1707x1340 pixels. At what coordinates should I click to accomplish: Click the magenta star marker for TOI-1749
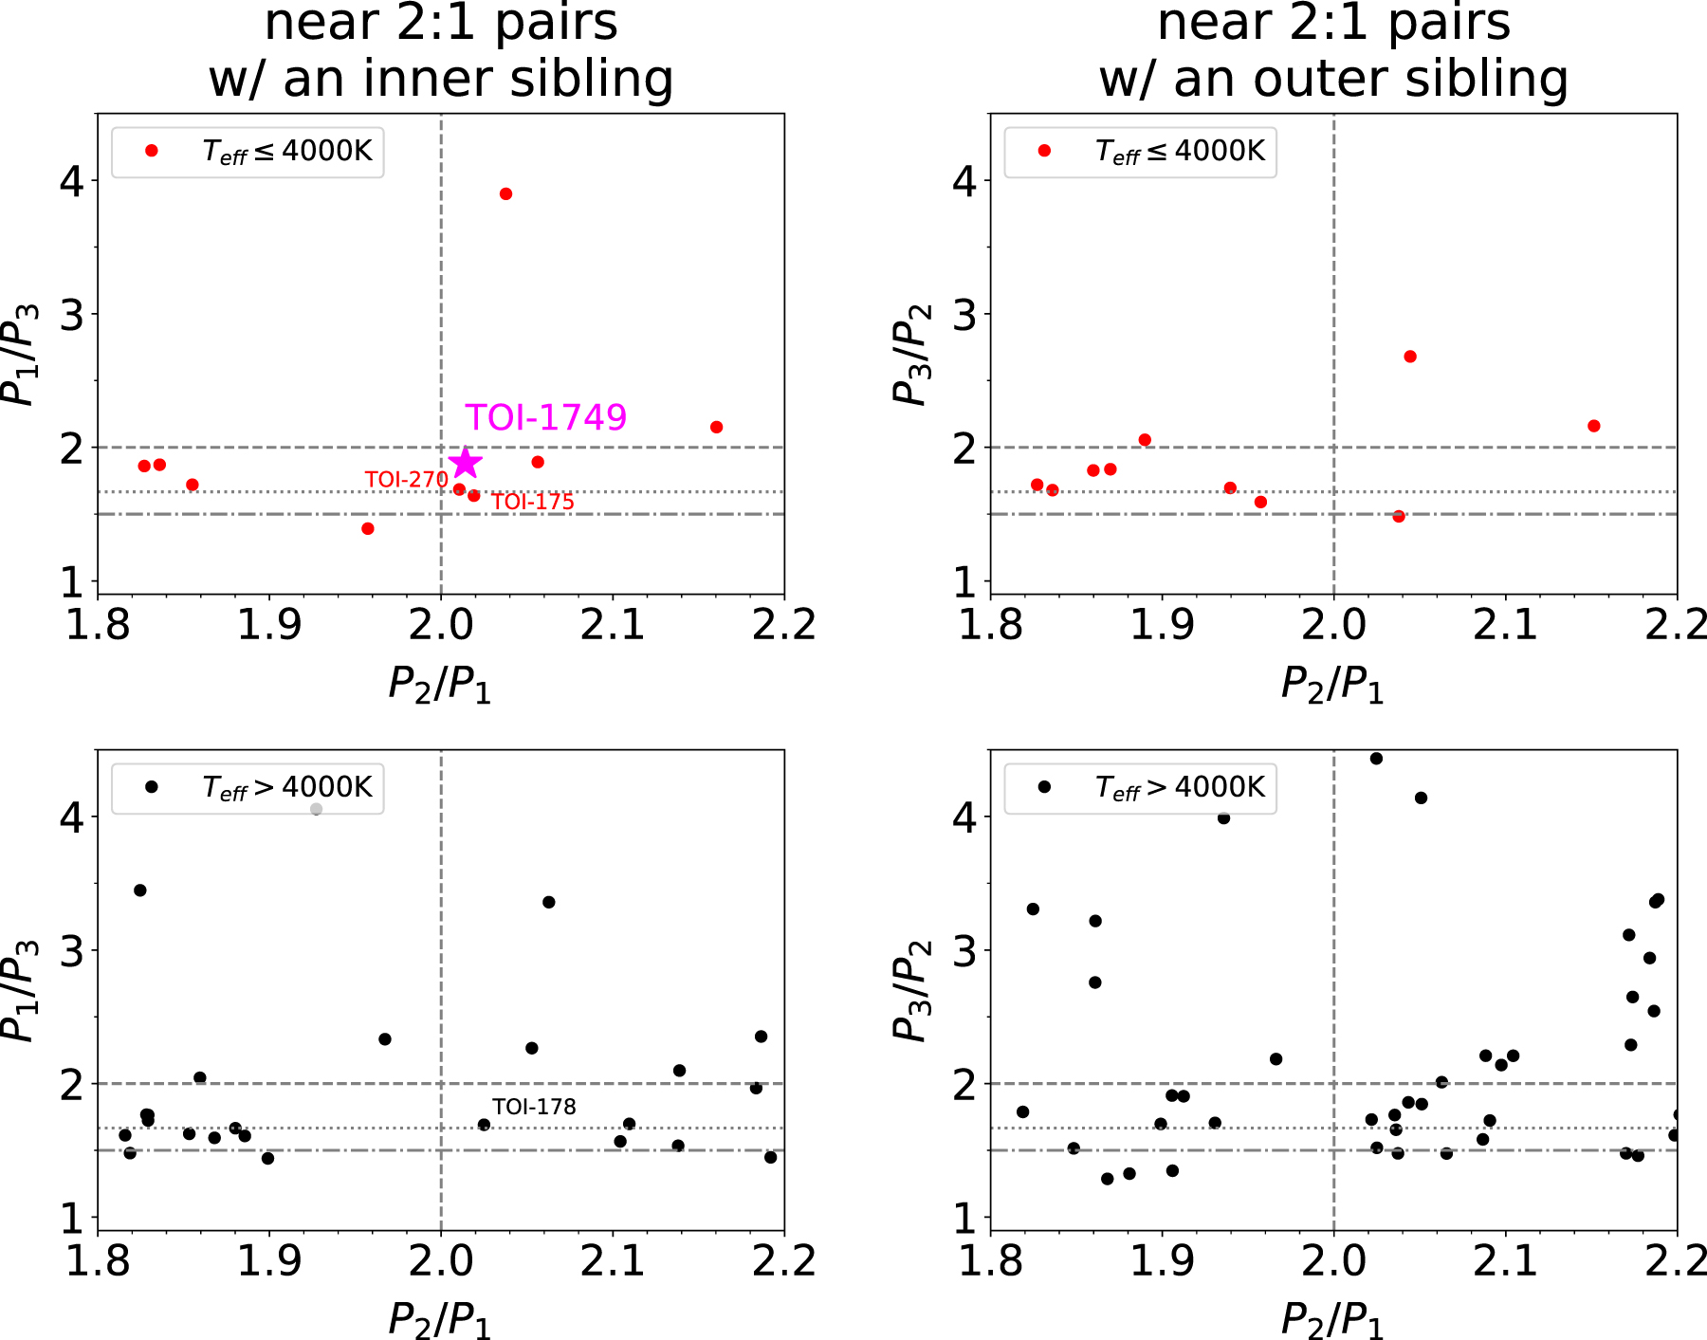(x=465, y=463)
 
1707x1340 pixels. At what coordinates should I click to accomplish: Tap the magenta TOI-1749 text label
(x=545, y=417)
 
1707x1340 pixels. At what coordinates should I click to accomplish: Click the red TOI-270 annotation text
(x=406, y=480)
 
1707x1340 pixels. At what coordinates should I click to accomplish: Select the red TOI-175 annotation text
(x=533, y=502)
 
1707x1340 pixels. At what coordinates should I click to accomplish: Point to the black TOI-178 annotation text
(x=534, y=1107)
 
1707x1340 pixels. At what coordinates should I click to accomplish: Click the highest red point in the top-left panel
(x=505, y=193)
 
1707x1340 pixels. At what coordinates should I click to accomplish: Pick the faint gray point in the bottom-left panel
(x=317, y=809)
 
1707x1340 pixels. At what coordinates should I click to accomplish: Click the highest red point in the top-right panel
(x=1410, y=357)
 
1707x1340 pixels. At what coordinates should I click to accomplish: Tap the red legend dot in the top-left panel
(x=152, y=151)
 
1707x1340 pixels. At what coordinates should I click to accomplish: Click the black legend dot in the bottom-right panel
(x=1044, y=786)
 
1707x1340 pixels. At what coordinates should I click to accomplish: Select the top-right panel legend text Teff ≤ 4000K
(x=1180, y=151)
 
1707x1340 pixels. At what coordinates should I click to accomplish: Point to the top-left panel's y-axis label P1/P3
(x=21, y=355)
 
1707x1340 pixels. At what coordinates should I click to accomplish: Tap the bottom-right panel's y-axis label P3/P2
(x=913, y=991)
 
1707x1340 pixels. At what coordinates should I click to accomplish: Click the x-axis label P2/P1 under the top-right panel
(x=1332, y=684)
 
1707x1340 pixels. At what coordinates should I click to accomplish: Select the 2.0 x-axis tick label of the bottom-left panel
(x=441, y=1261)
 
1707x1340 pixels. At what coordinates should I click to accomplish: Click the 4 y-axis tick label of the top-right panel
(x=964, y=180)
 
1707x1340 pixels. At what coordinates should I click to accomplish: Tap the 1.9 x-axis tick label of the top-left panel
(x=269, y=625)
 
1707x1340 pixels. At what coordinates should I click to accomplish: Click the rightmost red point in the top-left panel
(x=716, y=427)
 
